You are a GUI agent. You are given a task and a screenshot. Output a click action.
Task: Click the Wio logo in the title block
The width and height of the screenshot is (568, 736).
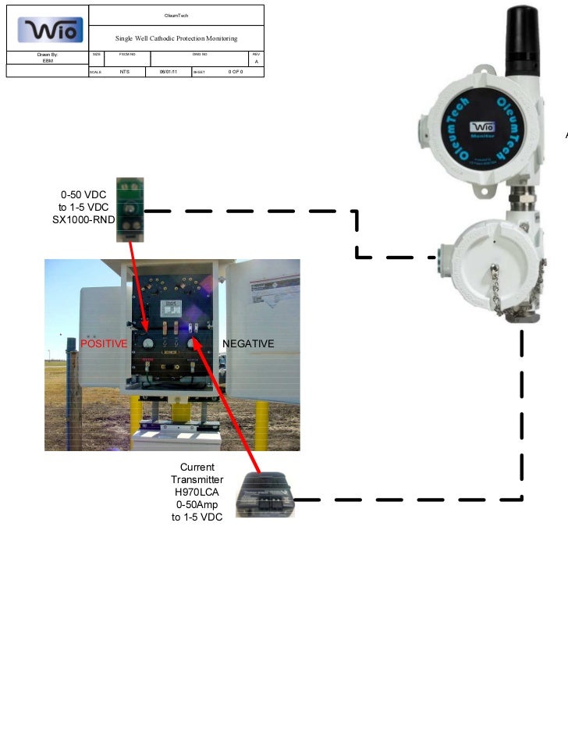point(48,30)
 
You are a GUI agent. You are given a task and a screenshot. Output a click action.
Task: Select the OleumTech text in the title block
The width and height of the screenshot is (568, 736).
point(176,16)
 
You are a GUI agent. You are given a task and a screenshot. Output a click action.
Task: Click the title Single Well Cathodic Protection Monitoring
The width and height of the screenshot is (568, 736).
point(176,38)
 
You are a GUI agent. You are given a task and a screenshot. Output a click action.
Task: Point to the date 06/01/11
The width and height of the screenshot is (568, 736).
point(168,72)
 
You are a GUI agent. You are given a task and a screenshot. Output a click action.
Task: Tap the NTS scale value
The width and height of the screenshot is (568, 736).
point(124,72)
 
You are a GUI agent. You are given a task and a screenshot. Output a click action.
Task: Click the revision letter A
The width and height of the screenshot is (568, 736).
point(256,62)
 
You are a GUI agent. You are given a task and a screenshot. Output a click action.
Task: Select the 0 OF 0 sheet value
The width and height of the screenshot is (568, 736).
point(236,72)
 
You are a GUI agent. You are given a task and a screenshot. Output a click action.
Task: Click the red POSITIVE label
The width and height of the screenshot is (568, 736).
point(105,343)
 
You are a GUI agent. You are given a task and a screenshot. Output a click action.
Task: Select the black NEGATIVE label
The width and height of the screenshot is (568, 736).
point(248,343)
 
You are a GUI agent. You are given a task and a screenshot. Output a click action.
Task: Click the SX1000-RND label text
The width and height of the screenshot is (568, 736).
point(78,220)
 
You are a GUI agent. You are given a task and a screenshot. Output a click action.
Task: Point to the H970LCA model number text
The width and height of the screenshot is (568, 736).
point(197,492)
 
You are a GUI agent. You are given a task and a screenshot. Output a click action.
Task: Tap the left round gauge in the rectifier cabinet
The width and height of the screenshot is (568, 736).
point(147,343)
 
